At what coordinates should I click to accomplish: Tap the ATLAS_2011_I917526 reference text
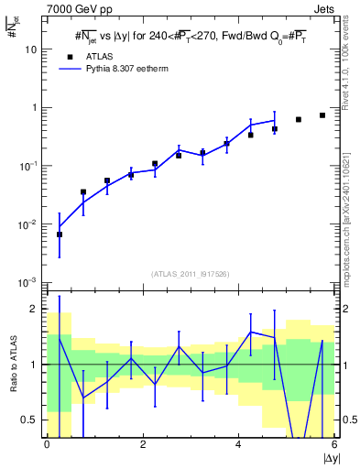click(x=190, y=274)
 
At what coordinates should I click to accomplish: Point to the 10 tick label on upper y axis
click(x=32, y=49)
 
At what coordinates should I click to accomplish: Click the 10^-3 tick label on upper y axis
click(x=29, y=282)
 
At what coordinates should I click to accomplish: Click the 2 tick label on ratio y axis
click(x=35, y=309)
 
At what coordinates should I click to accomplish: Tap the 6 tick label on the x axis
click(x=333, y=445)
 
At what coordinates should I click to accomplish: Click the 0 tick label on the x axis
click(x=47, y=445)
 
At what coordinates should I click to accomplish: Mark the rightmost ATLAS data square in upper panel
click(x=322, y=115)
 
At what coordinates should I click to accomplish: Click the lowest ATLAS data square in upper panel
click(x=60, y=234)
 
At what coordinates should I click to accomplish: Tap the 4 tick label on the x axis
click(x=238, y=445)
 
